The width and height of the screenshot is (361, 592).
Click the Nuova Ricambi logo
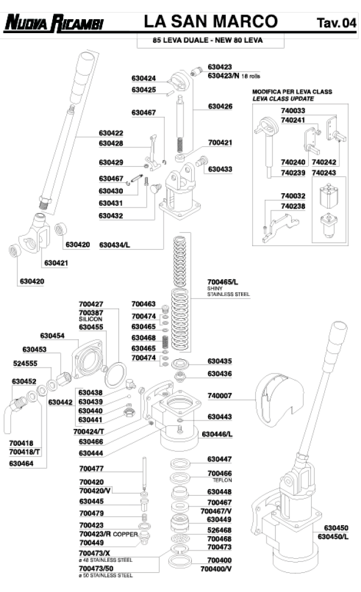[x=54, y=23]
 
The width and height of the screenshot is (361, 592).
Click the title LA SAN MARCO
[x=211, y=22]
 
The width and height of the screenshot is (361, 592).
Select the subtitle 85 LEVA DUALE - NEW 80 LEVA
[x=202, y=41]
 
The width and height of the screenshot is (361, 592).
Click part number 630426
[x=220, y=106]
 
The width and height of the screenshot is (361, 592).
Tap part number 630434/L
[x=114, y=245]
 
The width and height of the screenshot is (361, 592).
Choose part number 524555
[x=25, y=363]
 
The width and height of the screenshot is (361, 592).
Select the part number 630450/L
[x=333, y=537]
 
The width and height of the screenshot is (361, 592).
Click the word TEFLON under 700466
[x=223, y=481]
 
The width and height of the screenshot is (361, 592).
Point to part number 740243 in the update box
[x=324, y=173]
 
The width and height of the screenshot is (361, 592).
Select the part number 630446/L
[x=217, y=433]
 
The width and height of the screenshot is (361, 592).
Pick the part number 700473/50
[x=96, y=568]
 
